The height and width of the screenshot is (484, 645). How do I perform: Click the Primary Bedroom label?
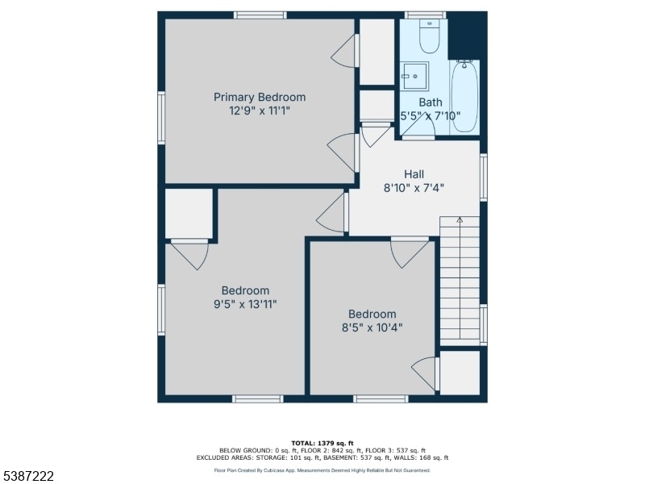260,97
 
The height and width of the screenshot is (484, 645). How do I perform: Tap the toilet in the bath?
430,36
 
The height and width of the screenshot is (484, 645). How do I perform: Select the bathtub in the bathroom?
465,96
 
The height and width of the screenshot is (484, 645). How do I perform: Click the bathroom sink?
415,76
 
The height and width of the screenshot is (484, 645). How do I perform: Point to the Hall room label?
414,174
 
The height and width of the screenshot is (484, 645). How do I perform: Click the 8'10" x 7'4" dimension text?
414,188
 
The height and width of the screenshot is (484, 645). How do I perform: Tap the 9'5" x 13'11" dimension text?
245,305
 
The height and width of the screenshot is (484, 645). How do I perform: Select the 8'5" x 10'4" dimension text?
372,328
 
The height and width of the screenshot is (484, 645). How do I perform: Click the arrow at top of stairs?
460,220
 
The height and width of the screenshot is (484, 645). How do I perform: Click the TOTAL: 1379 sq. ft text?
322,443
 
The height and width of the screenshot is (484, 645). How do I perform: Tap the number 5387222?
27,477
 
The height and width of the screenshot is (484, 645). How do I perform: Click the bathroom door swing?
418,128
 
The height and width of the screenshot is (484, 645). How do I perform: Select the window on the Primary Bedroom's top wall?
260,15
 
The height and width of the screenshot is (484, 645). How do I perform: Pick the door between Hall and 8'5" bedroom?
410,252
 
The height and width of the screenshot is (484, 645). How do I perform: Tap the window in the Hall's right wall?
484,177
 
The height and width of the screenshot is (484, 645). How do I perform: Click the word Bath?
431,102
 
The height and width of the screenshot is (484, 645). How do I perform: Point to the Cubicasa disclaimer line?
322,470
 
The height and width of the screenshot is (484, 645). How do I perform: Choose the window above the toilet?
426,15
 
